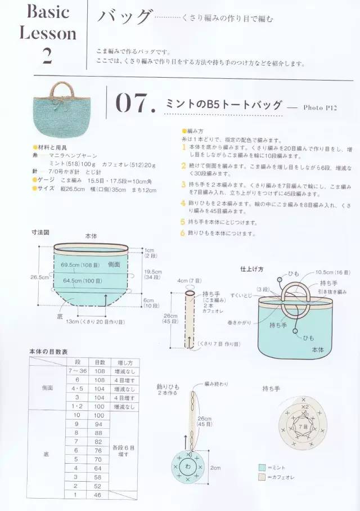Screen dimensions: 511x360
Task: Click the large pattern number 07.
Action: pyautogui.click(x=134, y=103)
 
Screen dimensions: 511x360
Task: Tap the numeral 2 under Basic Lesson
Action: pyautogui.click(x=47, y=56)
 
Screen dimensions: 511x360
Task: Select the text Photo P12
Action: pyautogui.click(x=319, y=107)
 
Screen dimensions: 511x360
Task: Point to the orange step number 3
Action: pyautogui.click(x=183, y=184)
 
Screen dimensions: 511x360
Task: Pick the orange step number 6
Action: pyautogui.click(x=183, y=232)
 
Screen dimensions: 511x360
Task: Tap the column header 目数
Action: pyautogui.click(x=99, y=362)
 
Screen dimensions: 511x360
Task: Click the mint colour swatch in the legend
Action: pyautogui.click(x=262, y=467)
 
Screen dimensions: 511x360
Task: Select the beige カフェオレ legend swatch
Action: pyautogui.click(x=262, y=478)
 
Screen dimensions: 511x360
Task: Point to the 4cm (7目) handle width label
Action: pyautogui.click(x=190, y=281)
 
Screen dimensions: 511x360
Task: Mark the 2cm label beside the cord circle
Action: pyautogui.click(x=215, y=468)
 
